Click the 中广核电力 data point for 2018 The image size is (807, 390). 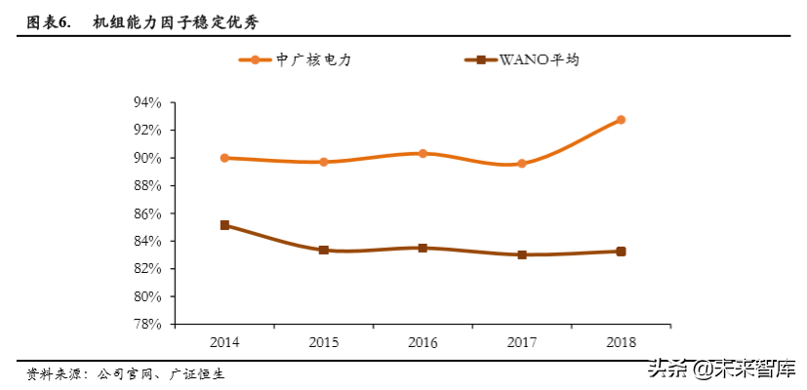621,120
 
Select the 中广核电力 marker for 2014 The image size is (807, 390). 224,158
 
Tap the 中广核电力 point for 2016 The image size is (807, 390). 423,153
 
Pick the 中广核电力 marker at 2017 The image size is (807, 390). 522,164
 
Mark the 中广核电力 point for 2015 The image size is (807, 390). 324,162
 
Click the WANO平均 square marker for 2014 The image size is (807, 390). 224,225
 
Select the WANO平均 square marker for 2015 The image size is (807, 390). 324,251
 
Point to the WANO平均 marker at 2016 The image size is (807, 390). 423,248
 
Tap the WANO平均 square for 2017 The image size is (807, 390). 522,254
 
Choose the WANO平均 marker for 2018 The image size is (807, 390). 621,252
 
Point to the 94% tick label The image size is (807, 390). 147,102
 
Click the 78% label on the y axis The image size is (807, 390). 147,325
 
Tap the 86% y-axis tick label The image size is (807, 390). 147,214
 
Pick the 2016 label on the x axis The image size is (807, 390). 423,342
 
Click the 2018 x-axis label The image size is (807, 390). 621,342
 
